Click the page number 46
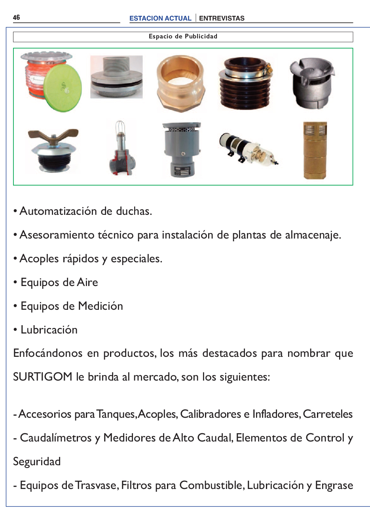click(x=16, y=17)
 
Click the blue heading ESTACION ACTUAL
click(x=160, y=18)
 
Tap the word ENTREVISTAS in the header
click(x=222, y=18)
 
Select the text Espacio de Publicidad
click(x=183, y=36)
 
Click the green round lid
click(x=63, y=88)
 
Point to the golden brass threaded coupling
click(x=181, y=83)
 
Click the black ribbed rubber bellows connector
click(x=245, y=83)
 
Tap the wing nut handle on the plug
click(x=53, y=136)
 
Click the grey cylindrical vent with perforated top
click(x=182, y=150)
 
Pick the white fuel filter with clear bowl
click(x=248, y=149)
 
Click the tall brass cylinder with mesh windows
click(x=315, y=150)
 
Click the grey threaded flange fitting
click(x=116, y=77)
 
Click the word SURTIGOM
click(x=42, y=377)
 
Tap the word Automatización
click(x=58, y=211)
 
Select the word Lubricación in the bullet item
click(x=49, y=330)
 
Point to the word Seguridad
click(x=37, y=462)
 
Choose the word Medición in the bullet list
click(x=101, y=306)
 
